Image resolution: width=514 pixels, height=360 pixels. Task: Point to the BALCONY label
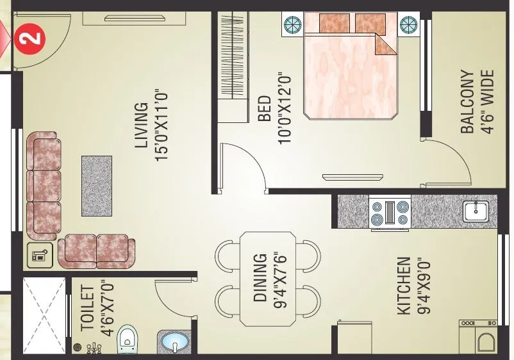click(x=467, y=101)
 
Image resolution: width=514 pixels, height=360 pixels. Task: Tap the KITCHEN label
click(x=404, y=286)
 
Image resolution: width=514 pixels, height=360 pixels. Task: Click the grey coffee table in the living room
click(x=97, y=185)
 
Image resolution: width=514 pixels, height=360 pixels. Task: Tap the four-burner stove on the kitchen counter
click(x=390, y=214)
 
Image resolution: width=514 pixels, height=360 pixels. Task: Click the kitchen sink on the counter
click(x=475, y=211)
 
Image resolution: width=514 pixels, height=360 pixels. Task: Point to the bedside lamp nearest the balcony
click(x=408, y=24)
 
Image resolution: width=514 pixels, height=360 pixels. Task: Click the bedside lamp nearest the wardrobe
click(x=293, y=24)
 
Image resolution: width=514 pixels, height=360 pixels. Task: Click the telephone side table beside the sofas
click(x=38, y=256)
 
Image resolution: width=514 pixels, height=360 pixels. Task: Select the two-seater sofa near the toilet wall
click(x=97, y=250)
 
